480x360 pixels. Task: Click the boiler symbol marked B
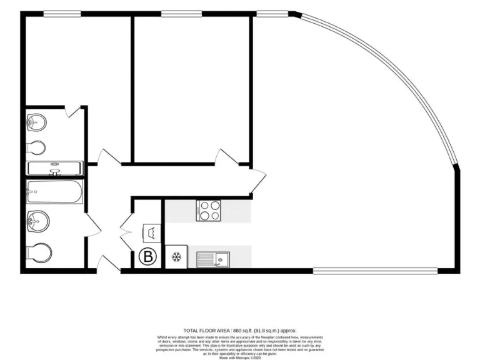tap(149, 256)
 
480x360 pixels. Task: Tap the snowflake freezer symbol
tap(176, 257)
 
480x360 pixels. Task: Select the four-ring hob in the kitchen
tap(209, 210)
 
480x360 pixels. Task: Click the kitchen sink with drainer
tap(212, 259)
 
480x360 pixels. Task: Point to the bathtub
tap(54, 192)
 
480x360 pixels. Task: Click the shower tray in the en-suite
tap(54, 168)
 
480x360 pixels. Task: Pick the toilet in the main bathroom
tap(39, 253)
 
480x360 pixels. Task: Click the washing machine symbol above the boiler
tap(151, 232)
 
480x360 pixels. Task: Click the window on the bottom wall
tap(375, 271)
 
